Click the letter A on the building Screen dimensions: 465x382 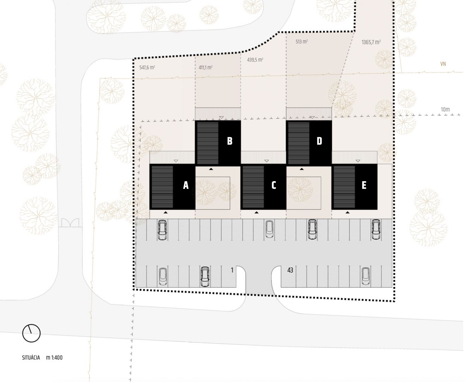186,185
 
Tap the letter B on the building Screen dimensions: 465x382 229,141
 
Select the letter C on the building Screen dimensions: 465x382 274,185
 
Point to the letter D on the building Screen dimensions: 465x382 319,141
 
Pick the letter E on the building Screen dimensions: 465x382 364,185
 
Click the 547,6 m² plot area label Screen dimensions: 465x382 147,68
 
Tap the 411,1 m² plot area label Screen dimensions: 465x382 205,68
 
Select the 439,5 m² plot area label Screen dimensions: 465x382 255,60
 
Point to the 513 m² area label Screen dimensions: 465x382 302,41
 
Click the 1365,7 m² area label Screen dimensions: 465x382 371,42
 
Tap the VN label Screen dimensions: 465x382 443,64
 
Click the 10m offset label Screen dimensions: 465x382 445,109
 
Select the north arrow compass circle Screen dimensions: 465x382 31,333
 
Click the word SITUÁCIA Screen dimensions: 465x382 31,358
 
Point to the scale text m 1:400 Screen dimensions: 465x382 54,358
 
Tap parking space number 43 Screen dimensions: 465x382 290,270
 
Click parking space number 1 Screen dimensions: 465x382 232,270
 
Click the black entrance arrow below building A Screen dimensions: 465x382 166,212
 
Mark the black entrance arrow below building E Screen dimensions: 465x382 347,212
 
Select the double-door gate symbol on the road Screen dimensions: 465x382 70,222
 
